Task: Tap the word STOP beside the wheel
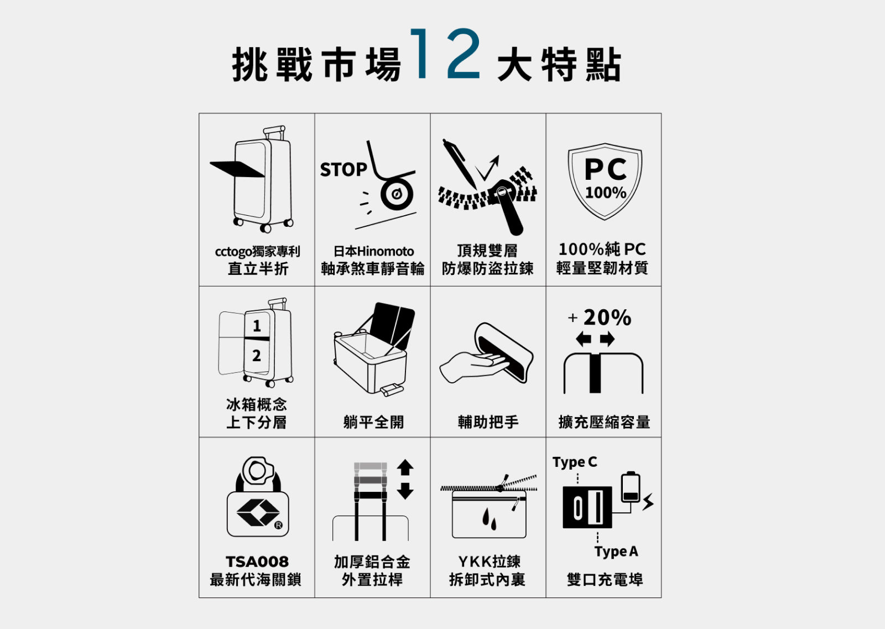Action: [343, 169]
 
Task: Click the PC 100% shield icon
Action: [605, 181]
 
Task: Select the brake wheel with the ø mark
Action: [397, 194]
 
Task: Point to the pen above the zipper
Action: [460, 164]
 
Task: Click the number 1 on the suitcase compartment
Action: [257, 325]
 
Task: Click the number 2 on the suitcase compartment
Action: [257, 356]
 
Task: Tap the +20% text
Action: [600, 317]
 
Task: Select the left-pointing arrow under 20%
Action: [583, 339]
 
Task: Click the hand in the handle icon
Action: [474, 367]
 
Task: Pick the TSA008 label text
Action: [257, 562]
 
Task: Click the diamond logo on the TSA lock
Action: [258, 512]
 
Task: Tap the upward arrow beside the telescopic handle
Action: [405, 467]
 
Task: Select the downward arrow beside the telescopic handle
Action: [405, 491]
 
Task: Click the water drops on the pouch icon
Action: [490, 519]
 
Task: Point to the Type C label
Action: [575, 462]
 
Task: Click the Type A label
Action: [616, 552]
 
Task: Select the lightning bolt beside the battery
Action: [648, 502]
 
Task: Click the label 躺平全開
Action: [373, 422]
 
